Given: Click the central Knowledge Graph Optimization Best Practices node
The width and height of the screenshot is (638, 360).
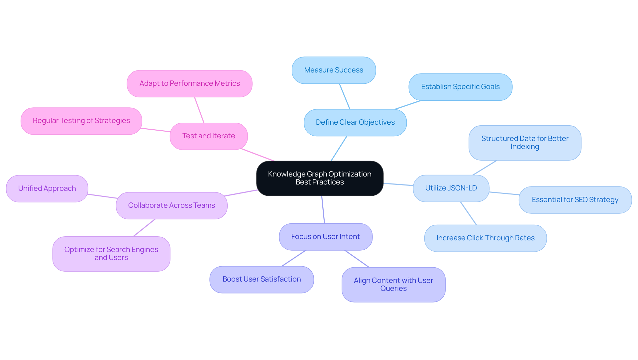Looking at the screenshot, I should pos(320,178).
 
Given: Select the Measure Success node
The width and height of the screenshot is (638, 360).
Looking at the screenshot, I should pos(334,70).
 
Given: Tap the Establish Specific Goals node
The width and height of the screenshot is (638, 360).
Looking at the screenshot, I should pos(460,87).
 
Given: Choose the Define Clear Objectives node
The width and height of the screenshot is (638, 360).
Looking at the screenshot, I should pos(355,122).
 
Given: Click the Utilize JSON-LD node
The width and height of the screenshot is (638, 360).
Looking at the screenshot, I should pos(451,188).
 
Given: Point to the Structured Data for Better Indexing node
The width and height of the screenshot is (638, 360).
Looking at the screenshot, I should pos(525,143).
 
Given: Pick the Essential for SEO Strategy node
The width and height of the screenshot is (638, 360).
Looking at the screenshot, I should pos(575,200).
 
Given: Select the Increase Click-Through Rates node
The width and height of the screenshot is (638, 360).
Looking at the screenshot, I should pos(485,238).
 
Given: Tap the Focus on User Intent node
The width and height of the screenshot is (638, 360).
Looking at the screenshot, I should pos(325,237).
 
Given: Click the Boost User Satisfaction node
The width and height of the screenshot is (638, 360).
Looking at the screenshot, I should pos(262,279).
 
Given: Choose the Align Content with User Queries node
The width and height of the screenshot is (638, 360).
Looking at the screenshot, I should pos(393,285).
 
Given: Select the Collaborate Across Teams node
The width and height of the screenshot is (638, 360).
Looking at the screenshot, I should pos(171,205).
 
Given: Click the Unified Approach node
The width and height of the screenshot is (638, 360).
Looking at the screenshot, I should pos(47,188).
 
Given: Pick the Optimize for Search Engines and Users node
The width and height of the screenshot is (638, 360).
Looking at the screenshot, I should pos(111,254).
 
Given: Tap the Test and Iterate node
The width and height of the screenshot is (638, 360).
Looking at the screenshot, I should pos(208,136).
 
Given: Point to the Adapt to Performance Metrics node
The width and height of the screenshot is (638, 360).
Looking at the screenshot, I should pos(189,83).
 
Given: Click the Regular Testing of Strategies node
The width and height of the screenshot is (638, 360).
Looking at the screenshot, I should pos(81,121).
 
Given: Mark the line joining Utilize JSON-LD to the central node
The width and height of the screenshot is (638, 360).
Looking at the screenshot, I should pos(398,184).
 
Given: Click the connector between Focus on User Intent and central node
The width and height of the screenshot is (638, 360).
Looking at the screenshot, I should pos(323,209).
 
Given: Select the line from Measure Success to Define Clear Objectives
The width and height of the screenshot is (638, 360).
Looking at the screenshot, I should pos(345,96).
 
